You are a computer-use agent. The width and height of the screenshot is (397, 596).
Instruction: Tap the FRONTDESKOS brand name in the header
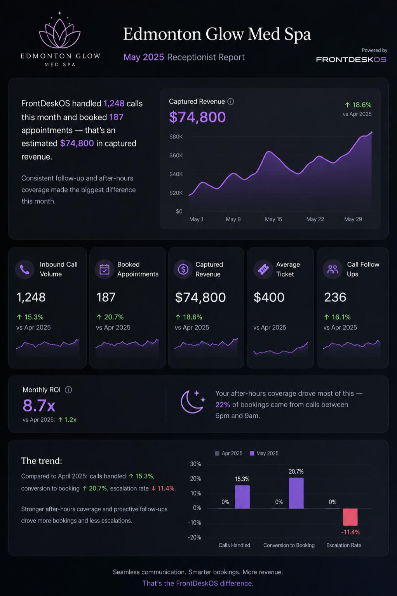[x=351, y=59]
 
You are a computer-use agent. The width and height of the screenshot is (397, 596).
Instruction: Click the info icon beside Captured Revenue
[x=231, y=101]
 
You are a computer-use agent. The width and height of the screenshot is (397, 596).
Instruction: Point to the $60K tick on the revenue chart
[x=176, y=155]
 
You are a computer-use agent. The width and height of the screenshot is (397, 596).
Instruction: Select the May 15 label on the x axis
[x=273, y=219]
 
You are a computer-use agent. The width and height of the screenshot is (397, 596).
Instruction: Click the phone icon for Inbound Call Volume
[x=25, y=269]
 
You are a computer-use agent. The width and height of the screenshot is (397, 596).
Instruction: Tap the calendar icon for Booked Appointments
[x=104, y=269]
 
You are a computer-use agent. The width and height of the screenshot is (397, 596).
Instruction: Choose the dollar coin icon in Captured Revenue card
[x=183, y=269]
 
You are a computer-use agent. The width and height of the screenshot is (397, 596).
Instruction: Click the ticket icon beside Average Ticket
[x=263, y=269]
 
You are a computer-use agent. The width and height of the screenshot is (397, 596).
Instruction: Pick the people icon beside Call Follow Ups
[x=333, y=269]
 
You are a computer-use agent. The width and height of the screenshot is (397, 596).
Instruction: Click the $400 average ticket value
[x=269, y=297]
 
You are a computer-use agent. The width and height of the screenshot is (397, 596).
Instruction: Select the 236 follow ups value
[x=335, y=297]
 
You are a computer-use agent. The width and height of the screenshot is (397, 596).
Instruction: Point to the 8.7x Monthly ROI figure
[x=39, y=405]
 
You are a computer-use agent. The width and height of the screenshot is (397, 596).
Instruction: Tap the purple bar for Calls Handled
[x=242, y=497]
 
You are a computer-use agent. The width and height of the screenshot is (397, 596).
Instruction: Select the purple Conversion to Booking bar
[x=296, y=493]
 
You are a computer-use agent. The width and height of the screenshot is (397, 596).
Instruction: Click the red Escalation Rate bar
[x=350, y=517]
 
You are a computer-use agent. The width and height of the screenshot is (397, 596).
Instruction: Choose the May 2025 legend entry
[x=264, y=454]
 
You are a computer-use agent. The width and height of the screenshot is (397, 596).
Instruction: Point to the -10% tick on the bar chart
[x=194, y=523]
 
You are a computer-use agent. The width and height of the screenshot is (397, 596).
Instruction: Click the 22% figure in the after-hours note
[x=223, y=405]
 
